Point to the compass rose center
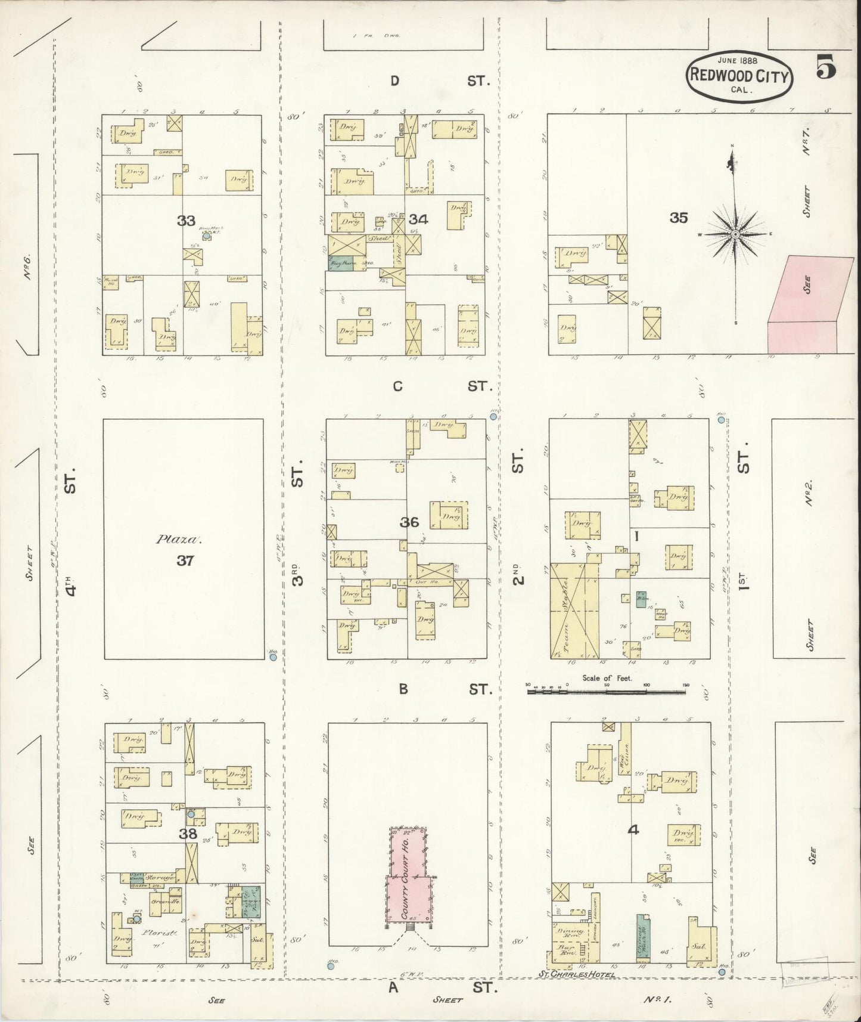(736, 234)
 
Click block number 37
(185, 560)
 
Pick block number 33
(186, 221)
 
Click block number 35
(678, 218)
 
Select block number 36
(409, 522)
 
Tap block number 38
(188, 834)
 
